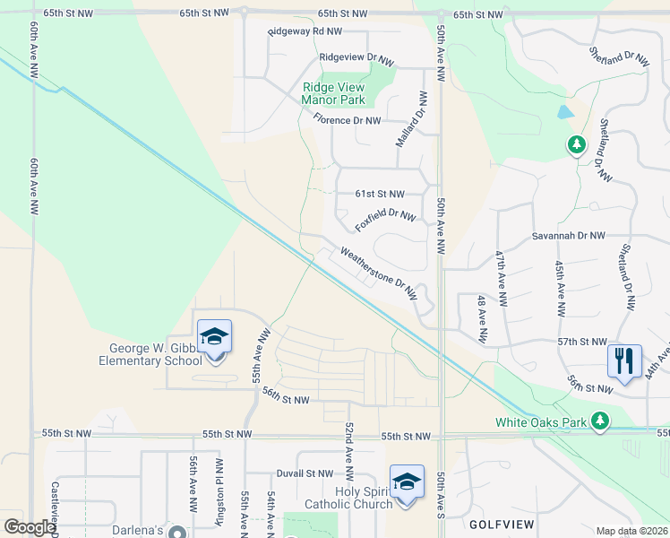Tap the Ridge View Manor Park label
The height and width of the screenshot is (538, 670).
pos(334,94)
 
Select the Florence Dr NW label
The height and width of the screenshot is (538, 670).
pos(347,120)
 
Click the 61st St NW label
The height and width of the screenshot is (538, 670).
pos(380,194)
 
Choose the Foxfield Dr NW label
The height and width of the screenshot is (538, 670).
pos(385,217)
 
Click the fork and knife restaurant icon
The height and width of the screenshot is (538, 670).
pos(624,360)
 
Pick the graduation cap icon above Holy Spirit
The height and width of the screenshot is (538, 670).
pos(407,482)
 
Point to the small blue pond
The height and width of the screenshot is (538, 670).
pos(563,113)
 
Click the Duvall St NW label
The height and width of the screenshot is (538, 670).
pos(305,473)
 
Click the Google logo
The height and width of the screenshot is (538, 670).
pos(30,527)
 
